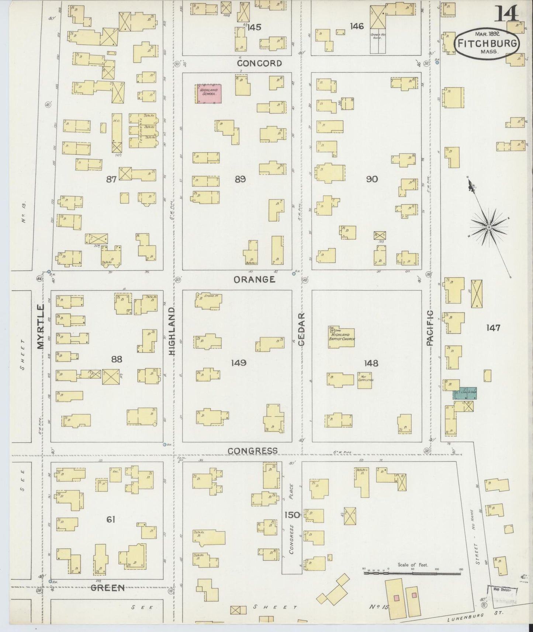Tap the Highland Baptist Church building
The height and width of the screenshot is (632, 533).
(x=342, y=337)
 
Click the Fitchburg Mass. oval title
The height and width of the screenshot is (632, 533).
(x=487, y=44)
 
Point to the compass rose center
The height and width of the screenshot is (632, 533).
(x=489, y=227)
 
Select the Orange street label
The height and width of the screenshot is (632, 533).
(x=255, y=279)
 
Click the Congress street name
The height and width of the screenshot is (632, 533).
(x=252, y=451)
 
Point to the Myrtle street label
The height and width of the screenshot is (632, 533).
(x=41, y=327)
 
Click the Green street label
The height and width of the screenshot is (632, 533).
(x=107, y=588)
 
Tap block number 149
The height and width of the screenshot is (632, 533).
(x=239, y=363)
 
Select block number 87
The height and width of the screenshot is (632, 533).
(x=111, y=179)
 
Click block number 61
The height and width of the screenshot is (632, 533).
(x=111, y=520)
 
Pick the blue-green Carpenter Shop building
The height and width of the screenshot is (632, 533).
(x=465, y=393)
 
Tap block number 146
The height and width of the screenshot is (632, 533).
(x=357, y=26)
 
